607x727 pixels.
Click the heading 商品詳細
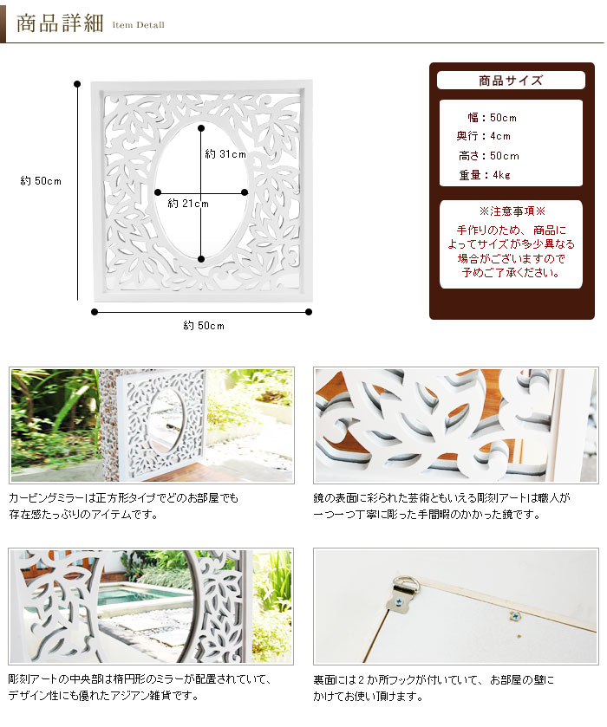[x=60, y=23]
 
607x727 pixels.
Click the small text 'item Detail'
[x=138, y=25]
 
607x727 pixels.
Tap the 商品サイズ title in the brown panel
[x=511, y=81]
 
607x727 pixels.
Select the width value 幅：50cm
[x=492, y=118]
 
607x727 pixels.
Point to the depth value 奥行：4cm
[x=483, y=136]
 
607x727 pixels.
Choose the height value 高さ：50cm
[x=489, y=156]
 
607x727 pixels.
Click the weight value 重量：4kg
[x=485, y=175]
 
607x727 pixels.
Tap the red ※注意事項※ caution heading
[x=512, y=211]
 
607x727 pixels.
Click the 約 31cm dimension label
[x=225, y=154]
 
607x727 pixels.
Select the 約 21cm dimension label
[x=188, y=204]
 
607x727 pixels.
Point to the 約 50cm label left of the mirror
[x=41, y=181]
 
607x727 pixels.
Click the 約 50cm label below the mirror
[x=204, y=326]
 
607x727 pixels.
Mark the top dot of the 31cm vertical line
[x=201, y=128]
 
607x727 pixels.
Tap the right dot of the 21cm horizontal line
[x=245, y=192]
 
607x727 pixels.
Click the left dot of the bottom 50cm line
[x=95, y=312]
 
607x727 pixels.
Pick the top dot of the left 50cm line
[x=77, y=84]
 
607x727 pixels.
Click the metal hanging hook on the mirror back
[x=400, y=594]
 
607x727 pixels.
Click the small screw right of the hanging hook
[x=514, y=616]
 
